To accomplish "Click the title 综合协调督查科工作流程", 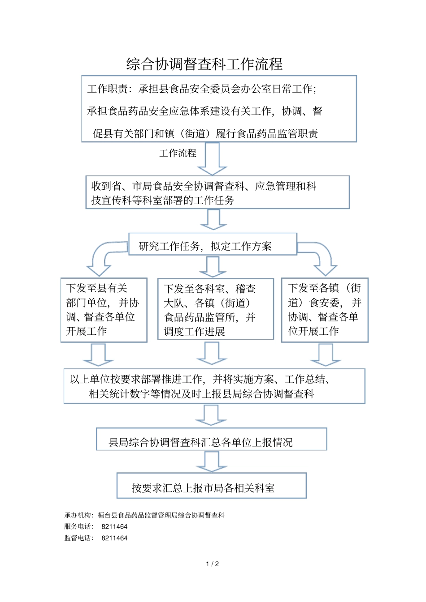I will point(204,64).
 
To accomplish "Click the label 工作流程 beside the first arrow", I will point(178,153).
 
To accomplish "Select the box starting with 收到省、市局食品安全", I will point(217,192).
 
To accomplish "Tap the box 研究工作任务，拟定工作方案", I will point(213,244).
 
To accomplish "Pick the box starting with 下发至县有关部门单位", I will point(104,310).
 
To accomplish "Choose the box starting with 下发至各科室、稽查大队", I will point(215,309).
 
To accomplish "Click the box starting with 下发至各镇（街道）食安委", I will point(325,310).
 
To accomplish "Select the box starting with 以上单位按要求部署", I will point(214,386).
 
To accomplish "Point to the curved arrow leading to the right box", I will point(321,258).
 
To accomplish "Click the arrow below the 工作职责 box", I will point(212,159).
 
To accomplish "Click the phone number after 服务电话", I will point(114,527).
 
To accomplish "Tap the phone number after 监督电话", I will point(114,538).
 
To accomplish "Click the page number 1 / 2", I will point(213,564).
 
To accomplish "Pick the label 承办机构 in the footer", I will point(78,516).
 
